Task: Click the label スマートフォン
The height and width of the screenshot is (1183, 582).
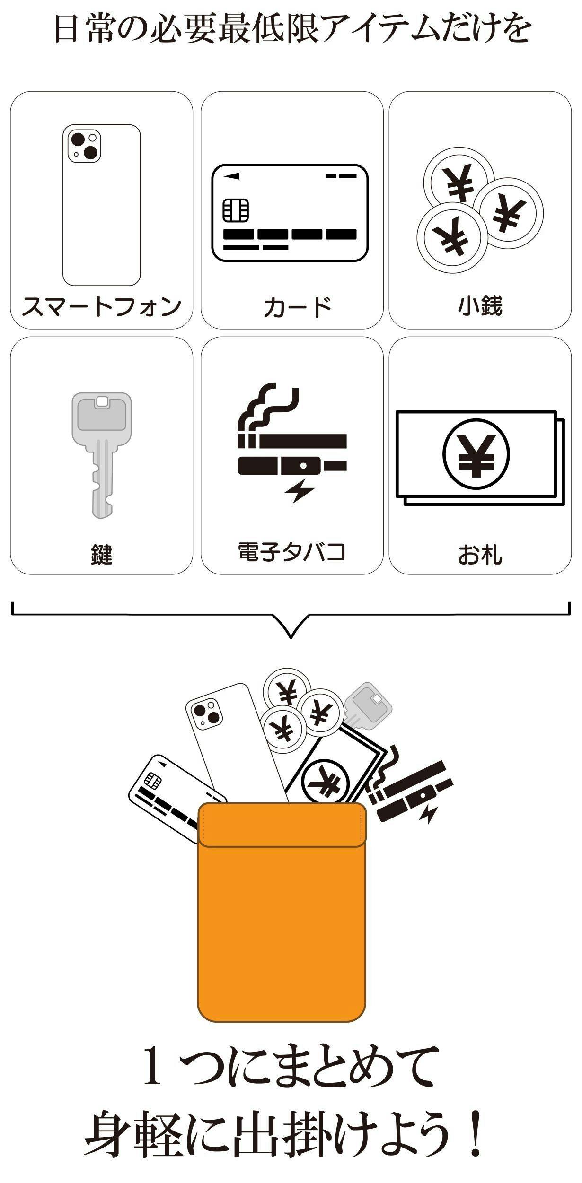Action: click(101, 306)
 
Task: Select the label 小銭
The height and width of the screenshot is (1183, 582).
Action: click(480, 305)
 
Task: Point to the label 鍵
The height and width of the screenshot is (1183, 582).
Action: click(102, 554)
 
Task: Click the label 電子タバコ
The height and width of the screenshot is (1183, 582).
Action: click(291, 552)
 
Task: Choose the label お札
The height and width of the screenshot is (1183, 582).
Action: click(480, 554)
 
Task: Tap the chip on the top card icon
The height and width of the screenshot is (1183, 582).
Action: click(236, 210)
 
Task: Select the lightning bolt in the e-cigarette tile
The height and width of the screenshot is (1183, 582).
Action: click(300, 491)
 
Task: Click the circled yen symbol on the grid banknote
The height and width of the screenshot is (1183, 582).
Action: click(476, 453)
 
